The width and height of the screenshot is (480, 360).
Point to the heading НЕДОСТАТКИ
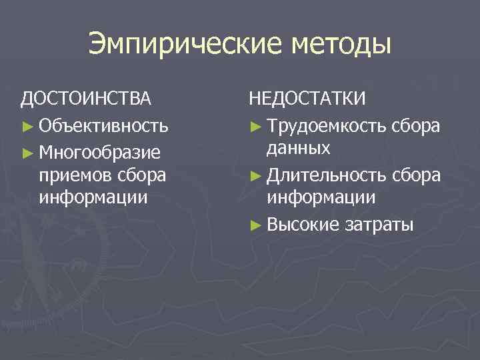[x=308, y=99]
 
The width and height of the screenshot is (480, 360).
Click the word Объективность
[x=103, y=126]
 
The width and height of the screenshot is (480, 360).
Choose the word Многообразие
[x=100, y=153]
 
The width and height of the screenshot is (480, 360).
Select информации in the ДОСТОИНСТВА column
[x=93, y=198]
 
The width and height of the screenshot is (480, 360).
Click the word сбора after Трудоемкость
[x=415, y=126]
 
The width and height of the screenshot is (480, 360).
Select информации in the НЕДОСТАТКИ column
[x=321, y=198]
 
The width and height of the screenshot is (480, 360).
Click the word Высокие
[x=303, y=225]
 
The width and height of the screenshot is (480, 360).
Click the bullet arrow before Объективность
[x=27, y=126]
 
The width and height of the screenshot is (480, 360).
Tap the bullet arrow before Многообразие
[x=27, y=153]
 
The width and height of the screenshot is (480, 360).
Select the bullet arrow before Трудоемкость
[x=255, y=126]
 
